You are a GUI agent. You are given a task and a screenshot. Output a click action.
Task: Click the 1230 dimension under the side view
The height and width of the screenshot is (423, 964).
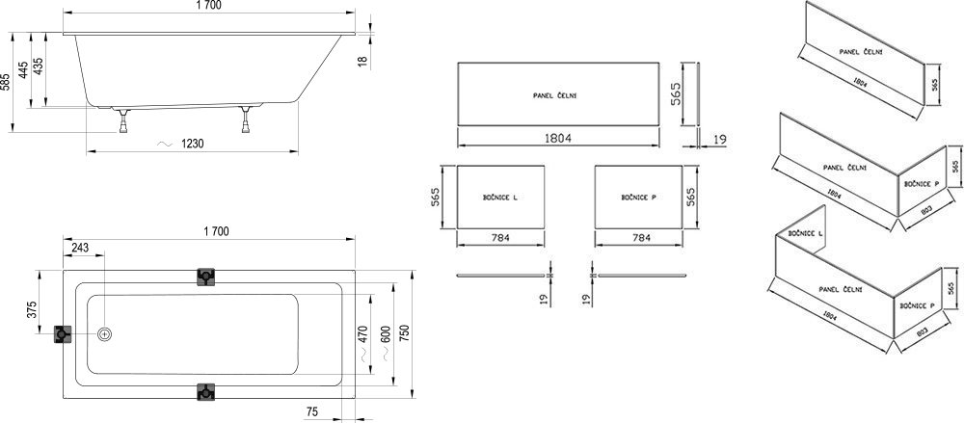click(189, 144)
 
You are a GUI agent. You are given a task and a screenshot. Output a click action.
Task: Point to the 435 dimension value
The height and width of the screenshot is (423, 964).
click(40, 66)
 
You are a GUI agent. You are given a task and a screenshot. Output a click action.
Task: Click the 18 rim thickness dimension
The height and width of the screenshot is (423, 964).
click(363, 62)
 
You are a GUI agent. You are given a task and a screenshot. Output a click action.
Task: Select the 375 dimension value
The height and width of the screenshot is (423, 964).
click(31, 309)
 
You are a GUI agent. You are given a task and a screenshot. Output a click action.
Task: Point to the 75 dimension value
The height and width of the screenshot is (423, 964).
click(312, 411)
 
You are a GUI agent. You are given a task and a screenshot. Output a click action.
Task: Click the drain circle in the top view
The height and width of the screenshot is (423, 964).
click(105, 334)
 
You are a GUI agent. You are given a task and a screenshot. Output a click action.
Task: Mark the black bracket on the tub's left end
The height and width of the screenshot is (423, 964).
click(64, 334)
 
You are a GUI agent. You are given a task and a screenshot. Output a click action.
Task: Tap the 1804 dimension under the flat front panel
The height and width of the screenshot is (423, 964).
click(558, 138)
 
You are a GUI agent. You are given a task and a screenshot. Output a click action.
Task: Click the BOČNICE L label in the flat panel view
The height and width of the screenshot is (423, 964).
click(500, 197)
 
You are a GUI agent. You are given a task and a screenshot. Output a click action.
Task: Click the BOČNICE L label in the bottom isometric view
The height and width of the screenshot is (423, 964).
click(806, 233)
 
